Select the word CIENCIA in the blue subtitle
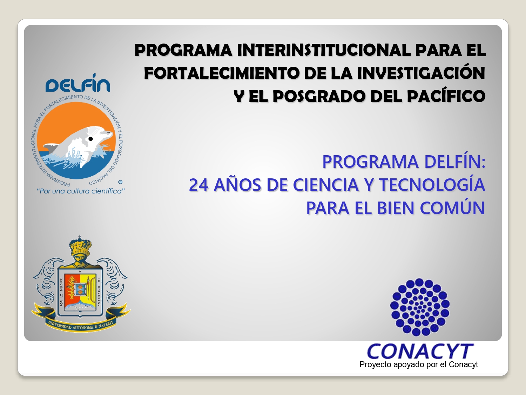click(x=326, y=185)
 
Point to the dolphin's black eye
click(x=91, y=139)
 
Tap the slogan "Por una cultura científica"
click(x=81, y=191)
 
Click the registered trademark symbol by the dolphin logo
click(x=121, y=182)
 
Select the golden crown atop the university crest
click(x=80, y=247)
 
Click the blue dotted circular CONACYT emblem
click(x=420, y=307)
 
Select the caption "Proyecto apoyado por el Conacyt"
click(x=419, y=364)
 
